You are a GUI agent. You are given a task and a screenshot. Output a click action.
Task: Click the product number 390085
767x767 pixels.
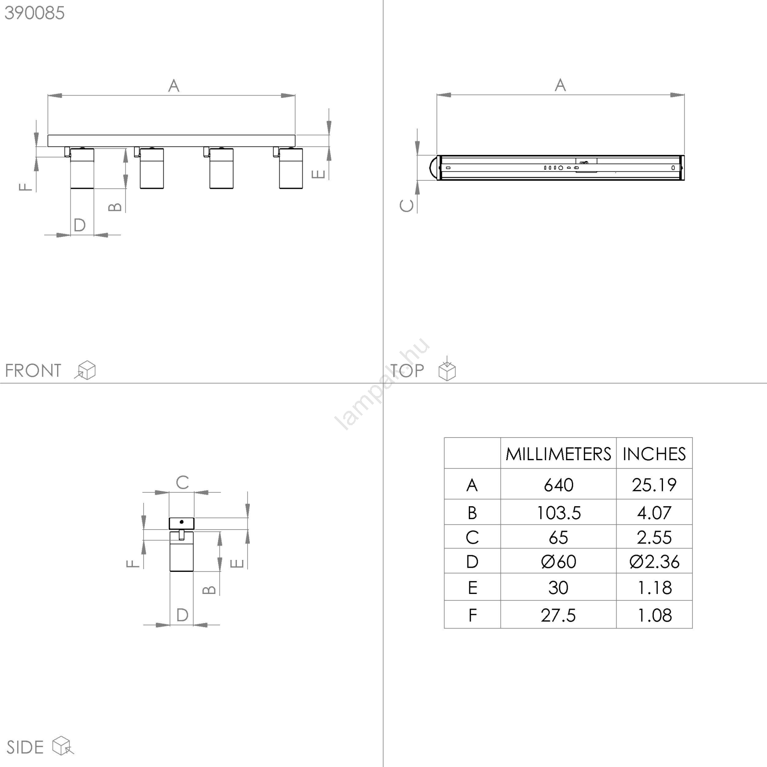[x=35, y=13]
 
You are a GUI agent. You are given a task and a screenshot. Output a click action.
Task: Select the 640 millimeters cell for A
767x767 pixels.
[x=558, y=485]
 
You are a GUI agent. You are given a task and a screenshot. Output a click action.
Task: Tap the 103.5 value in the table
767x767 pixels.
[x=558, y=513]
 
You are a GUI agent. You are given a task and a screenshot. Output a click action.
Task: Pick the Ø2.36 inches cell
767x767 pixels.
[x=654, y=561]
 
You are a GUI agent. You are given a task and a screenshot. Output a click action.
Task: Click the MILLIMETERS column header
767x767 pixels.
[x=558, y=454]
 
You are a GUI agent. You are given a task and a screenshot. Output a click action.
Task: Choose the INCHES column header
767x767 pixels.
[x=654, y=454]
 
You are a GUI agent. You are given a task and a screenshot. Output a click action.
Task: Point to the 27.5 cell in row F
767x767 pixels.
[x=558, y=616]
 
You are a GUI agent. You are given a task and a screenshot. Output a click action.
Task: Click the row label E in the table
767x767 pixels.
[x=472, y=588]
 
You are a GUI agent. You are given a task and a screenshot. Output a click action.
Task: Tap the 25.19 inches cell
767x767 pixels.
[x=654, y=485]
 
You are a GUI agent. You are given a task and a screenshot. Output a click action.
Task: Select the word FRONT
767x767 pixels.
[x=33, y=371]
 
